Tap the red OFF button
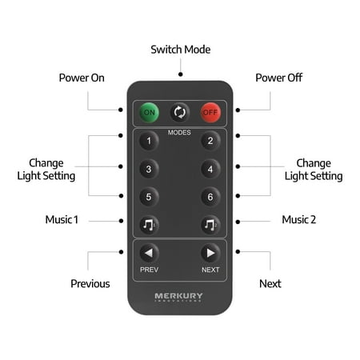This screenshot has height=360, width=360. click(210, 112)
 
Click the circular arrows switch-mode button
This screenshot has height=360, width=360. click(180, 112)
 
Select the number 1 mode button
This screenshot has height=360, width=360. click(149, 141)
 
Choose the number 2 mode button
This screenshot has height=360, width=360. click(210, 141)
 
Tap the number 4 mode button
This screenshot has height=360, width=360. click(210, 169)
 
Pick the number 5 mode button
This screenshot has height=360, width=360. click(149, 197)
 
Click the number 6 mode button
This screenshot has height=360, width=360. click(210, 197)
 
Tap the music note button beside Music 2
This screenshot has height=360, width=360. click(210, 225)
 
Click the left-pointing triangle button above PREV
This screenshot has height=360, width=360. click(149, 253)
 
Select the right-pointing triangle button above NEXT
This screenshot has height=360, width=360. click(210, 253)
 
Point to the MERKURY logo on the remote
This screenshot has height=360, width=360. click(178, 297)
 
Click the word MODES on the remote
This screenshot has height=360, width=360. click(179, 133)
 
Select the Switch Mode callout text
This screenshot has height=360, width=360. click(181, 50)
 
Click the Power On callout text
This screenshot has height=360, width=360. click(82, 78)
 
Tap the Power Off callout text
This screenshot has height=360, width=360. click(279, 78)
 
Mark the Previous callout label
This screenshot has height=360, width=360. click(90, 284)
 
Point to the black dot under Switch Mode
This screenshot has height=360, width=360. click(181, 74)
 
